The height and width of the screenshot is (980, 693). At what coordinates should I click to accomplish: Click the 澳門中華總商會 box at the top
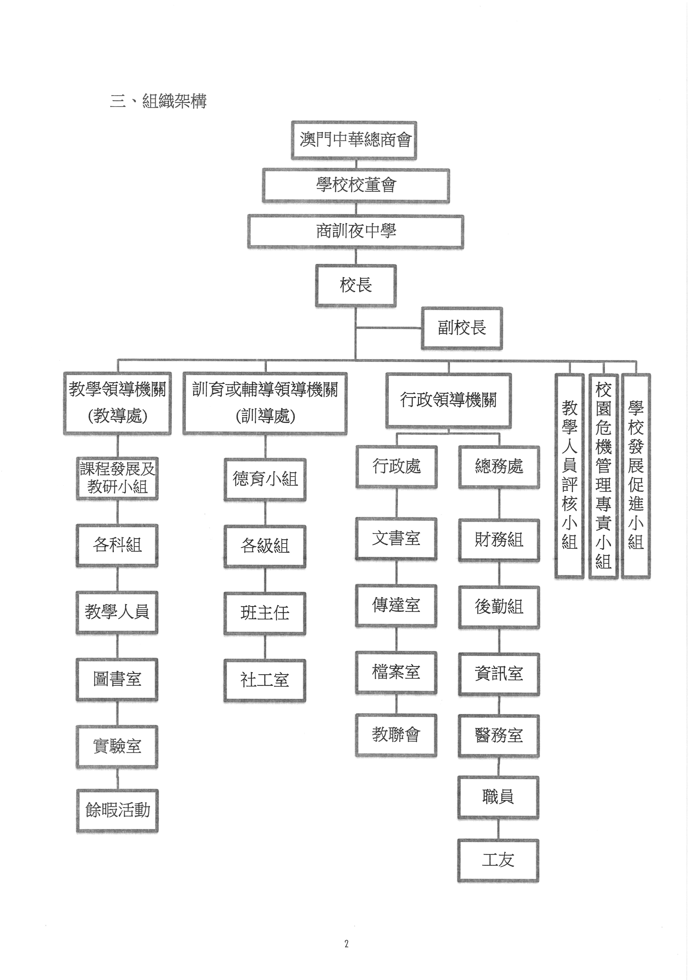(354, 140)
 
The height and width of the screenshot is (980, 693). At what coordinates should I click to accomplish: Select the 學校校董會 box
(356, 185)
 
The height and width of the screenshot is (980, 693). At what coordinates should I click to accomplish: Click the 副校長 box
(462, 328)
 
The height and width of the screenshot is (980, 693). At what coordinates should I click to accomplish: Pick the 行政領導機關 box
(449, 400)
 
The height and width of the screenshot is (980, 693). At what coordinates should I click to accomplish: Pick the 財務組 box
(499, 540)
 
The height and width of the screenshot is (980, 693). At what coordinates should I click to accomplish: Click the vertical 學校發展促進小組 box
(636, 476)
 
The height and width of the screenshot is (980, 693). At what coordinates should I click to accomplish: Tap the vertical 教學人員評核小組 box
(569, 476)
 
